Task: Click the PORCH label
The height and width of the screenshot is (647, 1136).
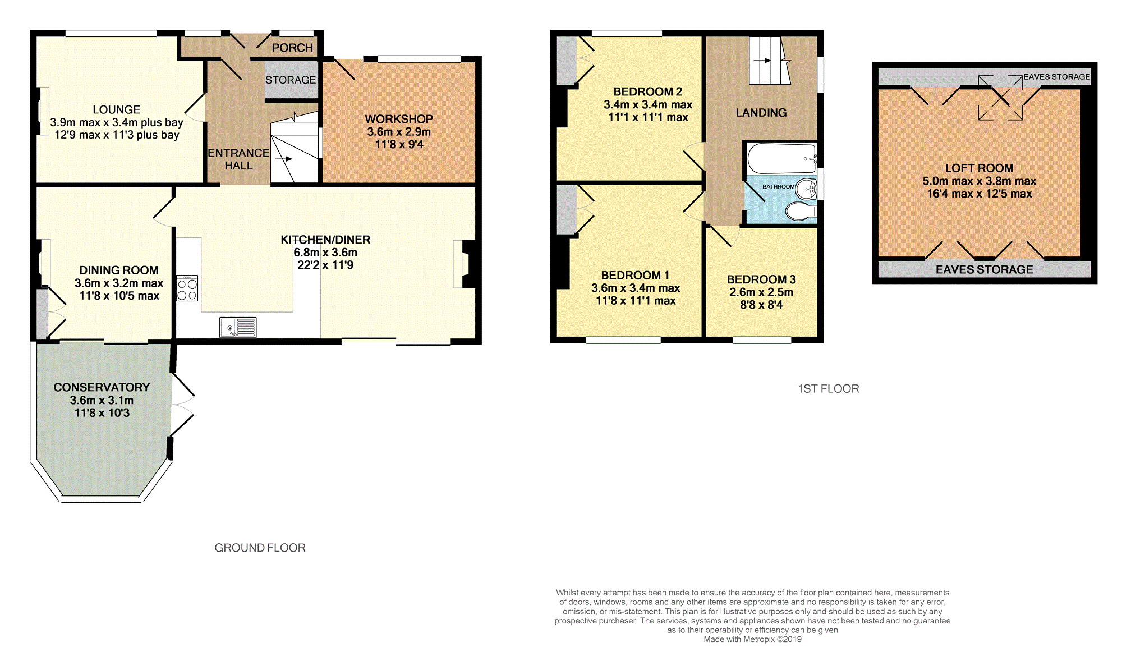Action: coord(292,48)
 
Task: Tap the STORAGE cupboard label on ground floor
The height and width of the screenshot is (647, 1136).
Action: coord(291,80)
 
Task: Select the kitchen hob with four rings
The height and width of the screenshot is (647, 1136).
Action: coord(187,289)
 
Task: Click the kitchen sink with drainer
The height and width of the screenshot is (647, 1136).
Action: coord(238,327)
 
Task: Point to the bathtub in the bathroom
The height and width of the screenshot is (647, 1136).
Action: coord(781,158)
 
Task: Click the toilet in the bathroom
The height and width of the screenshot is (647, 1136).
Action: coord(800,212)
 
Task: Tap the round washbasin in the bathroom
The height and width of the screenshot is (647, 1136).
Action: coord(807,189)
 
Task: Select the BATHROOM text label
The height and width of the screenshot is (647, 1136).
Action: coord(778,186)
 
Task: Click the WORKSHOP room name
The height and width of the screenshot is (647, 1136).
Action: coord(399,119)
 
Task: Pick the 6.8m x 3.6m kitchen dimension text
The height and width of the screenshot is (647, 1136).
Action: coord(325,253)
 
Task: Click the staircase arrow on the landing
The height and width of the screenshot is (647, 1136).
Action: coord(762,61)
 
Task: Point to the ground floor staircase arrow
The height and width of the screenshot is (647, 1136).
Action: coord(284,159)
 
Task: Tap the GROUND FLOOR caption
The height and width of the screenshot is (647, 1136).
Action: coord(260,548)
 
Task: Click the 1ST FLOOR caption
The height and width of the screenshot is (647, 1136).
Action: coord(828,389)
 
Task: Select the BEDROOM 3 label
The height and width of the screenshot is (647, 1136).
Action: coord(761,279)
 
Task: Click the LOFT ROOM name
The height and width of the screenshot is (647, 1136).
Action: coord(979,168)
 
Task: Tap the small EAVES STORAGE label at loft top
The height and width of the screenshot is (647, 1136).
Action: coord(1056,77)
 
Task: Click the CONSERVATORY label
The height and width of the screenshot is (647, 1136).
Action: coord(102,387)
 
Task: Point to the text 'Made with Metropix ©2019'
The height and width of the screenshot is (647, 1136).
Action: coord(752,639)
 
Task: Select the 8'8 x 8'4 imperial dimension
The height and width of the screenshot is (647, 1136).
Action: coord(761,305)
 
